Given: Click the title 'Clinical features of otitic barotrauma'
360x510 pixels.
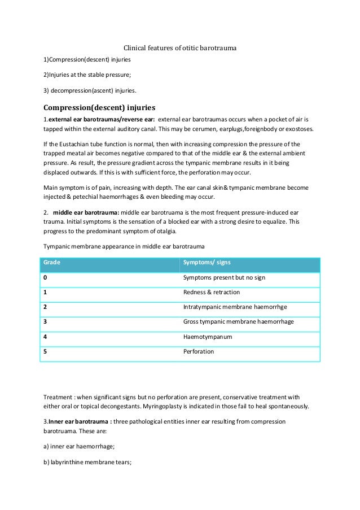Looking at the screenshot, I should click(x=180, y=49).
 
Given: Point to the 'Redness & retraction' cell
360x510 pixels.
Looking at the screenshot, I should click(x=212, y=293).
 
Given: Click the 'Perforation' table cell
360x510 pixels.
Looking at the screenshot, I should click(x=199, y=351).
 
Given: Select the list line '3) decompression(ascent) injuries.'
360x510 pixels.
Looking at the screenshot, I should click(x=90, y=90).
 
